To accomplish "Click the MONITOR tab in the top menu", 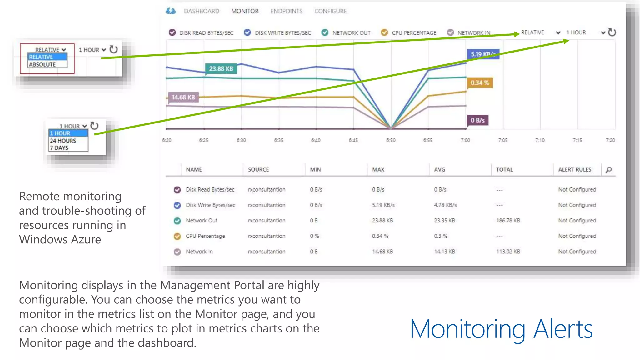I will [245, 11].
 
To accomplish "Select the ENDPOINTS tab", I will [286, 11].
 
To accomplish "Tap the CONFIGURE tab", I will [330, 11].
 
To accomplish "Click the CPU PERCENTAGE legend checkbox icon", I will [384, 32].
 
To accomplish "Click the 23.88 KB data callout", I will [221, 69].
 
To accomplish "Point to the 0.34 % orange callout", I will [480, 83].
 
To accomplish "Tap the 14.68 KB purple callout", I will [183, 97].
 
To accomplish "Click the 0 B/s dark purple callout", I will [477, 120].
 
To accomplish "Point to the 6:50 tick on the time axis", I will [391, 140].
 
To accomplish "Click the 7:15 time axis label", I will [577, 140].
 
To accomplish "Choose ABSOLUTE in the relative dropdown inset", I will [42, 64].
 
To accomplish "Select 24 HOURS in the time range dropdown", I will [63, 141].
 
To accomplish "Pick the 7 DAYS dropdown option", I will [59, 148].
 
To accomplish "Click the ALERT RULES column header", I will [574, 169].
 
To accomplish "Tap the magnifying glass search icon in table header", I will [608, 170].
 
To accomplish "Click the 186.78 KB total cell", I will [508, 221].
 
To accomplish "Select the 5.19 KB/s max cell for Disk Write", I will [383, 205].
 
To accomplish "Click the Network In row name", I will [199, 252].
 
